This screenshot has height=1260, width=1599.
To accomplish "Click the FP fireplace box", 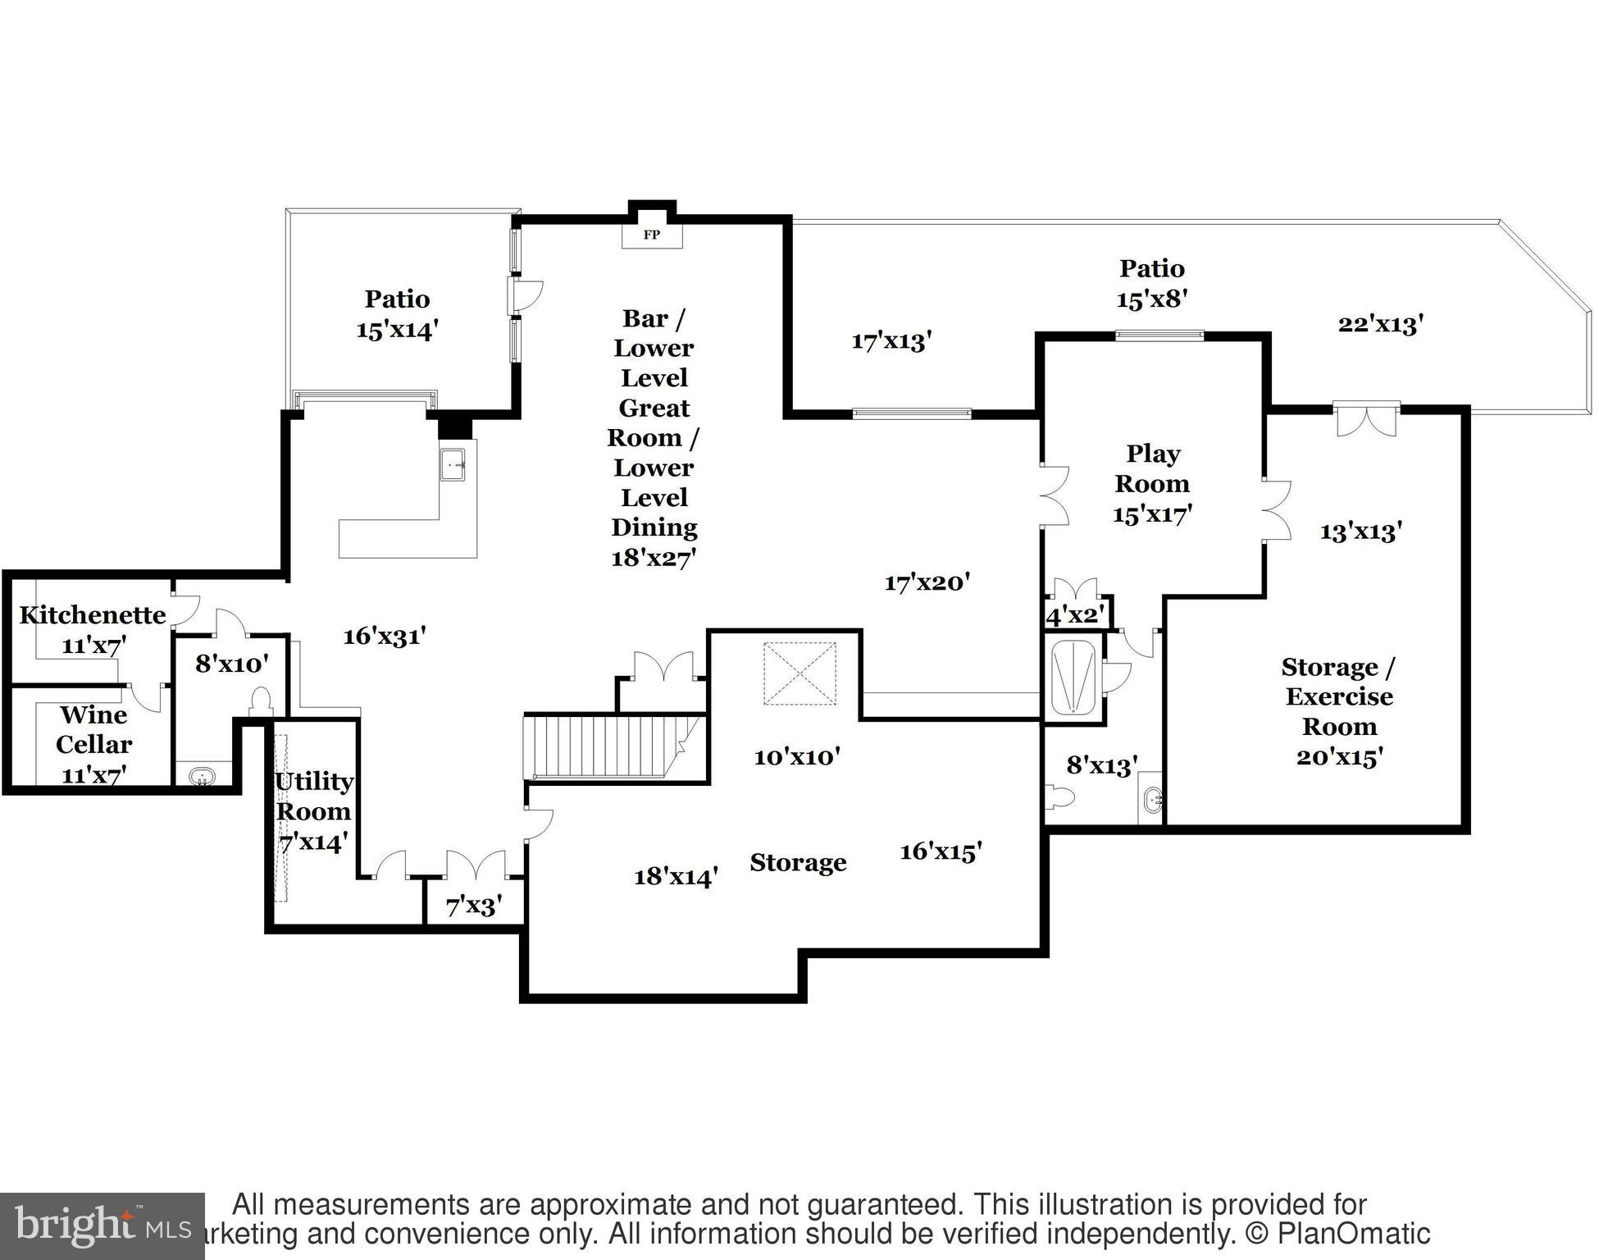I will coord(651,235).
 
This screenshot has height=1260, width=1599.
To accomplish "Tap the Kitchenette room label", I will coord(92,614).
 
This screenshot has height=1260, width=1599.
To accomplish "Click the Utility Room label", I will coord(313,796).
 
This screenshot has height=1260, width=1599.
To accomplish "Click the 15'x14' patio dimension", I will coord(397,330).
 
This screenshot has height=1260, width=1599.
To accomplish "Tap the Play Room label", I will coord(1152,468).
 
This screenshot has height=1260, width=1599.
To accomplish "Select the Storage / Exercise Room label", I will coord(1338,696).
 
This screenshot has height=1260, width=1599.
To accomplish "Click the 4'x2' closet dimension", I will coord(1075,614).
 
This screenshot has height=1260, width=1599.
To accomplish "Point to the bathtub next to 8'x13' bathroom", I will coord(1073,680).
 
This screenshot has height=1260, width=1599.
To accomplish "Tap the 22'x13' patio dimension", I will coord(1380,324).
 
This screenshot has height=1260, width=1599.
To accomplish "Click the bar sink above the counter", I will coord(452,464).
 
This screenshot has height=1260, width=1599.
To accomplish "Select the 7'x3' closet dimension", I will coord(473,906).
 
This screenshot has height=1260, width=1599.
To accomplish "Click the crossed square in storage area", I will coord(799,673).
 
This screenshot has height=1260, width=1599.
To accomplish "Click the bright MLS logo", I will coord(102,1226).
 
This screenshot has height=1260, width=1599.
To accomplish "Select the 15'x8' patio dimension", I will coord(1151,299).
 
